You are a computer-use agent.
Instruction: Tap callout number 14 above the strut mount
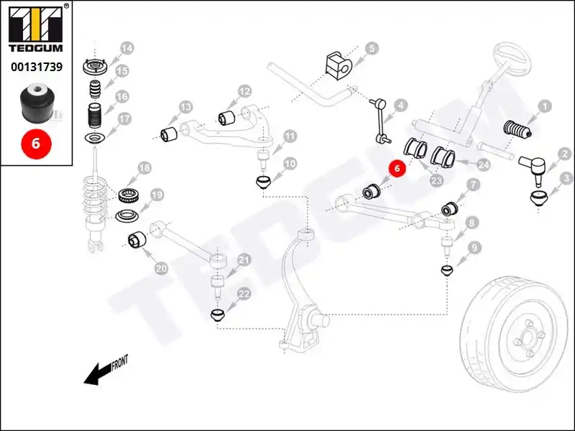click(x=126, y=49)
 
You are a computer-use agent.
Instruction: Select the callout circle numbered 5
click(x=371, y=49)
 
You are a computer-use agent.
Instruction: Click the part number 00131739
click(x=36, y=67)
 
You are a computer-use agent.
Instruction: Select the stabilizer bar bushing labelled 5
click(x=336, y=64)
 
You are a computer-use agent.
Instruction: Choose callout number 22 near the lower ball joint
click(x=244, y=295)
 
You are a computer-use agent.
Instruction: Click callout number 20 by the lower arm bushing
click(x=161, y=269)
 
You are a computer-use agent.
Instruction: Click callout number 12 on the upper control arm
click(x=244, y=91)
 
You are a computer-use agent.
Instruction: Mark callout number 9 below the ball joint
click(x=474, y=249)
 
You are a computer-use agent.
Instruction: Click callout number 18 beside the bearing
click(x=144, y=168)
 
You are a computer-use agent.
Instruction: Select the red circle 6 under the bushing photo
click(x=36, y=143)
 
